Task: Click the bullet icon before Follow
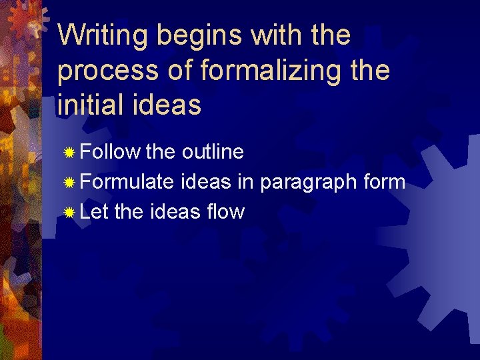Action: (70, 153)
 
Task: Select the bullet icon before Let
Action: (70, 213)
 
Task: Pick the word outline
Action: (213, 152)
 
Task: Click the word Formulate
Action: (127, 182)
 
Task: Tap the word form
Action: (383, 182)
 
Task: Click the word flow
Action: (225, 212)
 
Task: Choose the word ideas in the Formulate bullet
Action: (208, 182)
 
